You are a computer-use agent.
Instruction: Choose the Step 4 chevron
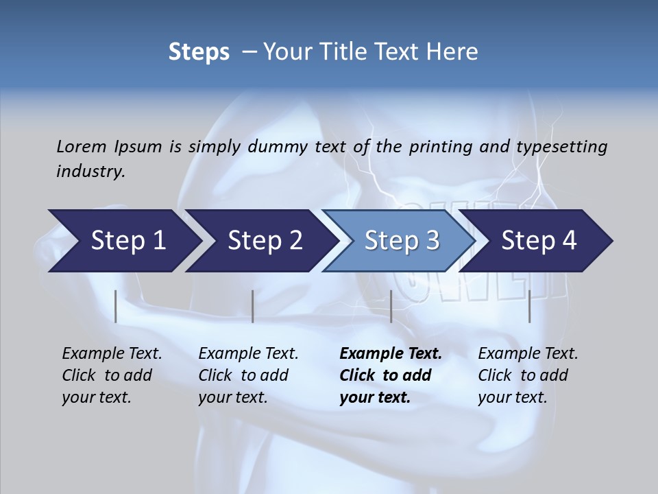(x=539, y=241)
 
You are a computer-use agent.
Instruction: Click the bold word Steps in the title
(x=199, y=51)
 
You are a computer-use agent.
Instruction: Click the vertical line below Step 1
(x=116, y=306)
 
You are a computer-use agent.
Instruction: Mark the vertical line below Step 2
(x=253, y=306)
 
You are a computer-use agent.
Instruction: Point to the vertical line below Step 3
(x=391, y=306)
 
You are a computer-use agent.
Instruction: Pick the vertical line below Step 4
(x=530, y=306)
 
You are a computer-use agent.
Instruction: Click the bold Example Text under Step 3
(x=391, y=354)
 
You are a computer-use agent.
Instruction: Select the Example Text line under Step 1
(x=112, y=354)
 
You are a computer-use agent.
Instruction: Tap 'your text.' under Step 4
(x=512, y=397)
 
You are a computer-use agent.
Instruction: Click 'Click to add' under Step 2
(x=243, y=375)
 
